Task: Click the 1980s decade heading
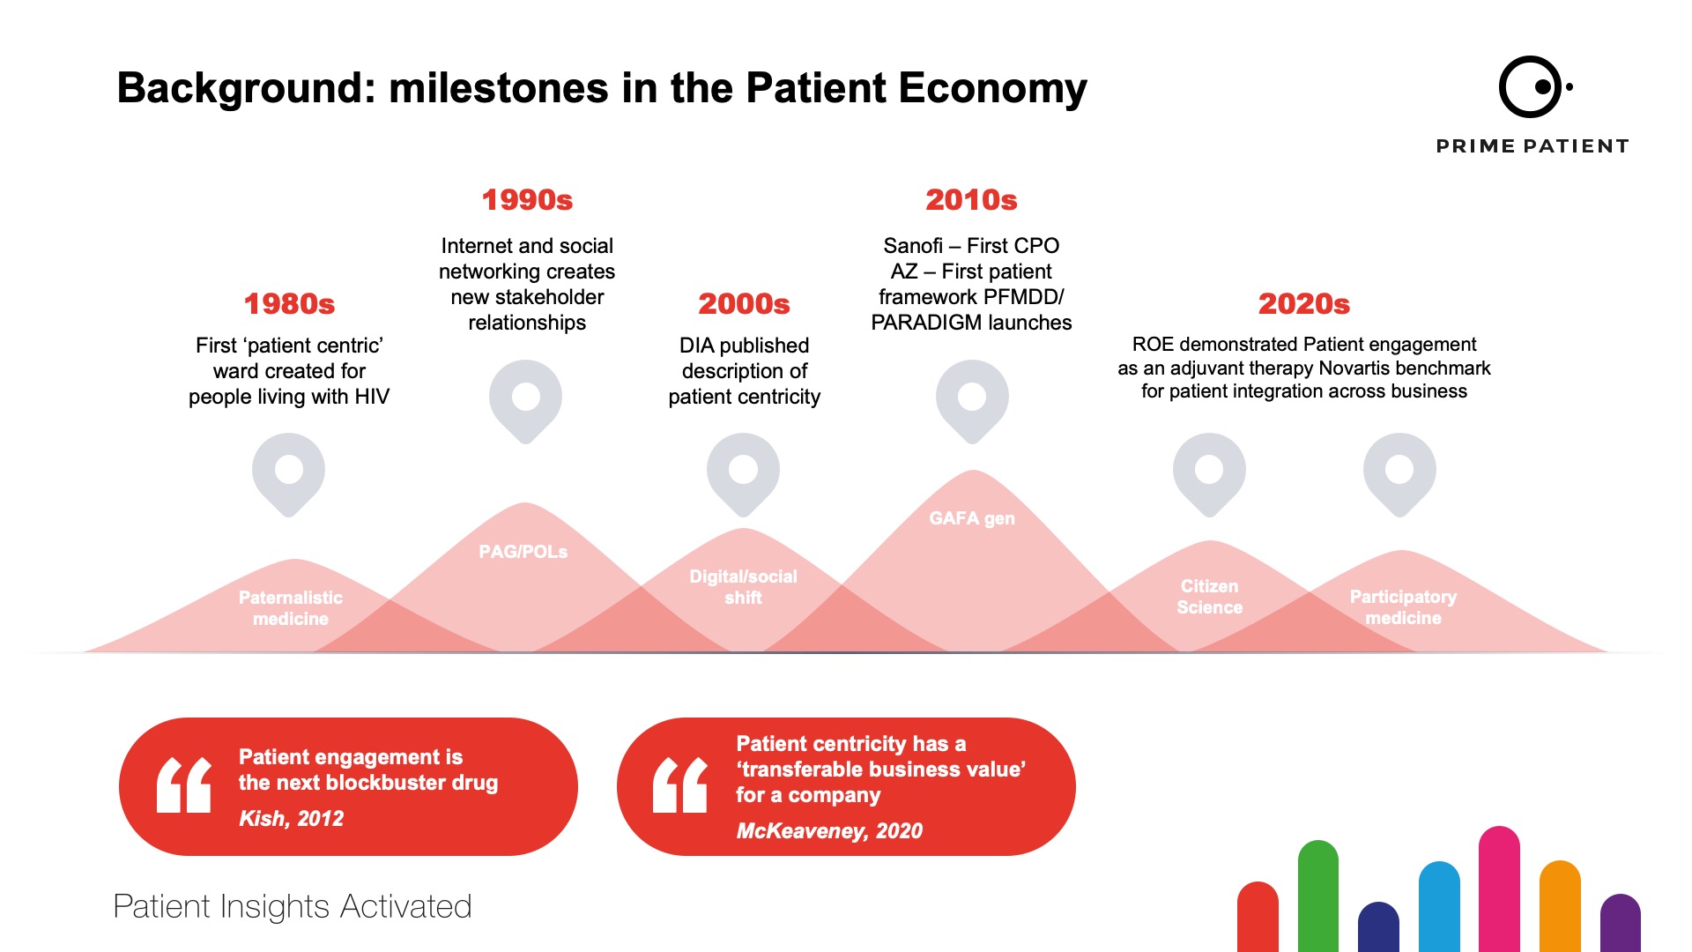pos(289,304)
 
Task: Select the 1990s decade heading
pos(527,200)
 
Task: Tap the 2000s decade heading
pos(744,304)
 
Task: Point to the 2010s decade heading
pos(971,200)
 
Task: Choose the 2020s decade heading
pos(1304,304)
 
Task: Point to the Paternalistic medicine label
pos(291,608)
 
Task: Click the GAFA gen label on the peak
pos(972,518)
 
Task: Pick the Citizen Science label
pos(1209,597)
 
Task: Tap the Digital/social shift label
pos(743,587)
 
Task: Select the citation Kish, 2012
pos(291,818)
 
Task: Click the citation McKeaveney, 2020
pos(829,830)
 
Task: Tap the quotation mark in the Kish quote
pos(183,785)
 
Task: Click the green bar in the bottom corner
pos(1318,896)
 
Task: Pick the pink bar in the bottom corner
pos(1499,889)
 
